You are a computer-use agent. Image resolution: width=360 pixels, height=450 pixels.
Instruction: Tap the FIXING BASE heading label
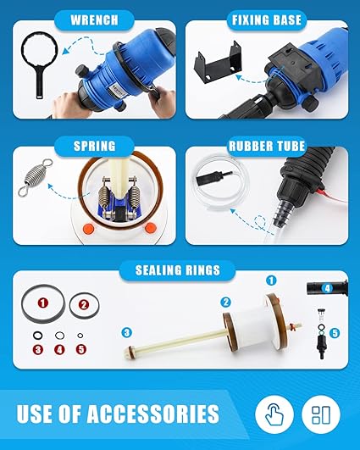click(x=264, y=18)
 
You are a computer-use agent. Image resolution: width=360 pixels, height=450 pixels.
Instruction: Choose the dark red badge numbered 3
click(x=37, y=348)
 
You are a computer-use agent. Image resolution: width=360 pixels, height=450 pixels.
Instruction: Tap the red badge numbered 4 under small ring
click(x=59, y=348)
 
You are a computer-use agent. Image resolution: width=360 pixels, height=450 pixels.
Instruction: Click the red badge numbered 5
click(x=81, y=348)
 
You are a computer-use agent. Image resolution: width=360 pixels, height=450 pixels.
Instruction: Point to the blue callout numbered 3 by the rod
click(x=126, y=331)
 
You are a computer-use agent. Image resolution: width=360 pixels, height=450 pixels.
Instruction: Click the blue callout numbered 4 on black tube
click(x=326, y=289)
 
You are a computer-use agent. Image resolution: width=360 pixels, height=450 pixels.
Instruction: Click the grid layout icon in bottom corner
click(x=320, y=414)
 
